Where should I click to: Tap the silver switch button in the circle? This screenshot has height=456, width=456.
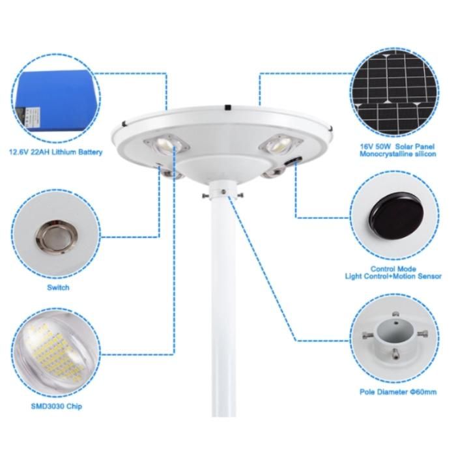[x=57, y=236]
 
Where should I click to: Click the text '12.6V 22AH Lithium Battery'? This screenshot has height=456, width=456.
[x=56, y=152]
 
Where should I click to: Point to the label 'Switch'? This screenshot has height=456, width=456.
[x=58, y=288]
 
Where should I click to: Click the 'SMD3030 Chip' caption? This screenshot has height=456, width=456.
[x=57, y=406]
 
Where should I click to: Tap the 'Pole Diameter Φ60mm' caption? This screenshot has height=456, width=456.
[x=398, y=392]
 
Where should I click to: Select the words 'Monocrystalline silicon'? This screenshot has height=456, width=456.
[x=398, y=154]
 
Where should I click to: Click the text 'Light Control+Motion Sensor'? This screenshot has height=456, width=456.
[x=393, y=276]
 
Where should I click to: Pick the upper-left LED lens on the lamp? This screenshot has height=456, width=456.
[x=165, y=144]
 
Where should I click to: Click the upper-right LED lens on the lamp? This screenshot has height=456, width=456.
[x=279, y=143]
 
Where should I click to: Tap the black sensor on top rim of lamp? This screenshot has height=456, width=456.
[x=228, y=107]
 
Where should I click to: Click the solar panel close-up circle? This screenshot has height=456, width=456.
[x=394, y=93]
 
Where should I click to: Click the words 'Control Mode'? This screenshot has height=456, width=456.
[x=393, y=268]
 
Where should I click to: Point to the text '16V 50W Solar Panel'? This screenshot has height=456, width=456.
[x=397, y=147]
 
